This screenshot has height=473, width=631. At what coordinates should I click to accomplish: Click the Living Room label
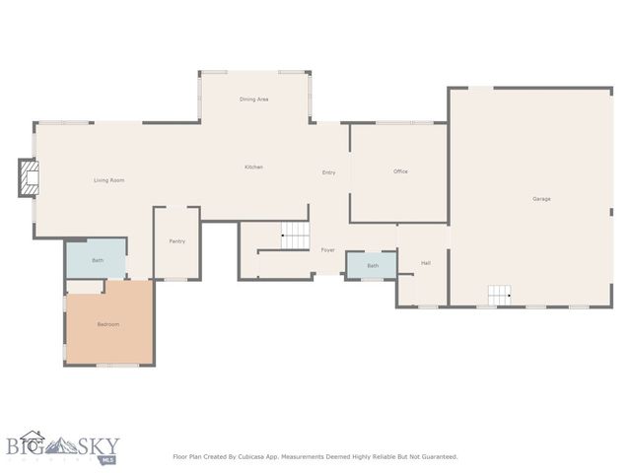(x=108, y=180)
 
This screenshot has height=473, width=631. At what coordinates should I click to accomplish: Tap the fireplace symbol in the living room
(x=31, y=178)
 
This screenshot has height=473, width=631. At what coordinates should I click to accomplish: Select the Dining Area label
(x=254, y=100)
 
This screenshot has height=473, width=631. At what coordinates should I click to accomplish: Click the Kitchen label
(x=253, y=168)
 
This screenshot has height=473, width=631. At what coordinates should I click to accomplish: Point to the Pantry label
(x=177, y=241)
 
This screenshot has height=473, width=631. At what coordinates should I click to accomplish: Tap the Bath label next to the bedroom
(x=98, y=260)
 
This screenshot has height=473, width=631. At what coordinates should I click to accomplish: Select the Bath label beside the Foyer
(x=373, y=266)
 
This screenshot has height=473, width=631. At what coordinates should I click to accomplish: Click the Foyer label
(x=328, y=249)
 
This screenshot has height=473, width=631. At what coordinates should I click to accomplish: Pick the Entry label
(x=329, y=172)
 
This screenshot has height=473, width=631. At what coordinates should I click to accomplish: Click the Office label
(x=400, y=171)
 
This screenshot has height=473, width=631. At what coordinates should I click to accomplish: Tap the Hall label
(x=426, y=263)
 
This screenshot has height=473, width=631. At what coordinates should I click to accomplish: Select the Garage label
(x=541, y=199)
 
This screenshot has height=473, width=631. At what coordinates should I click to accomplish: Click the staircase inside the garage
(x=500, y=294)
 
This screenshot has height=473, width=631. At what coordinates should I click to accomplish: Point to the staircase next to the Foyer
(x=296, y=235)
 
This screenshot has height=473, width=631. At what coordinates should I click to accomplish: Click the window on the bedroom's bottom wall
(x=116, y=366)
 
